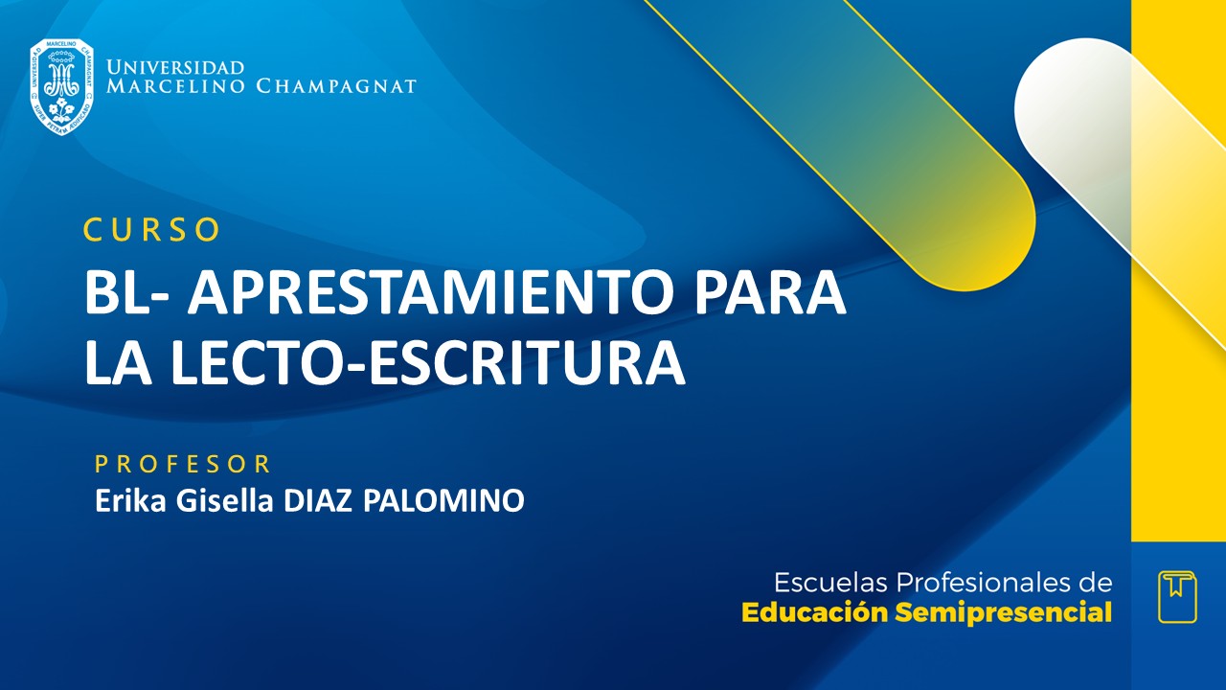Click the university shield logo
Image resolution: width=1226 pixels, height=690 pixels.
[61, 86]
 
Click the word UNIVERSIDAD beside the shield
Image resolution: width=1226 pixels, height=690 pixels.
[175, 68]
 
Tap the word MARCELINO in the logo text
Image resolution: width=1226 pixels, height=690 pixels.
[177, 87]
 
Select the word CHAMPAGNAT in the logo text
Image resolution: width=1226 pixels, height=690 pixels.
[336, 87]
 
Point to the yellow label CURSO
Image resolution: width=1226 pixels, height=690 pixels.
[152, 230]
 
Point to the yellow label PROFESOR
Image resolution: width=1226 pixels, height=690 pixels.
[183, 465]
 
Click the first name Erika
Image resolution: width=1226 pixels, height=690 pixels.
[126, 501]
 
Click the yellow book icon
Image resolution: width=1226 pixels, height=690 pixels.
[1177, 596]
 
